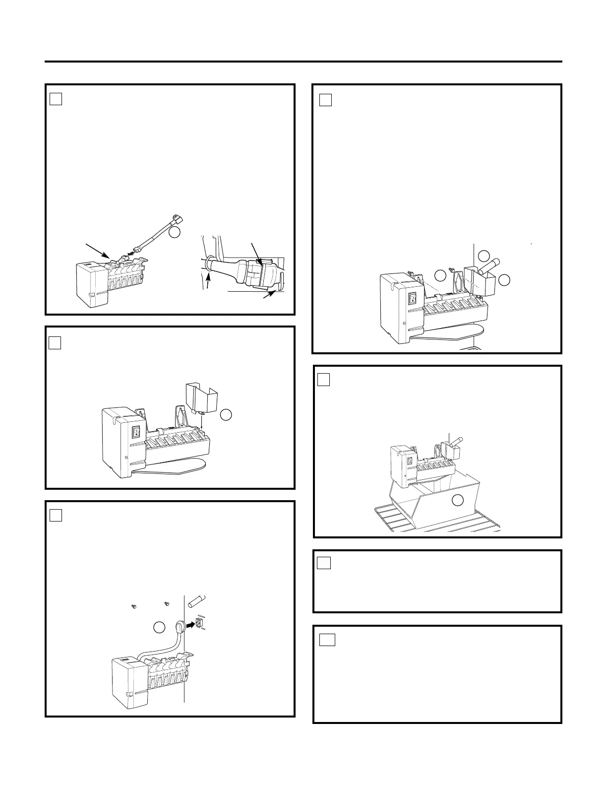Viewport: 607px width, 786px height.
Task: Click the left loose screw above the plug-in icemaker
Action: (x=133, y=606)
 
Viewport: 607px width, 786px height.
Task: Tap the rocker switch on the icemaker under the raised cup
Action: (x=136, y=433)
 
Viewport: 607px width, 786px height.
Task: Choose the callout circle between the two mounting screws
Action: (x=440, y=275)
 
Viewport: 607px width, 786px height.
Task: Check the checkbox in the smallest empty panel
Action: (x=324, y=563)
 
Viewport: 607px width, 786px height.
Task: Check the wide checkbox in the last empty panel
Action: (x=327, y=640)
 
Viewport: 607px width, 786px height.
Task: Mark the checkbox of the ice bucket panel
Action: (x=323, y=380)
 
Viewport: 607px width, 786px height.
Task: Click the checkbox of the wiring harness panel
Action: (x=56, y=99)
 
